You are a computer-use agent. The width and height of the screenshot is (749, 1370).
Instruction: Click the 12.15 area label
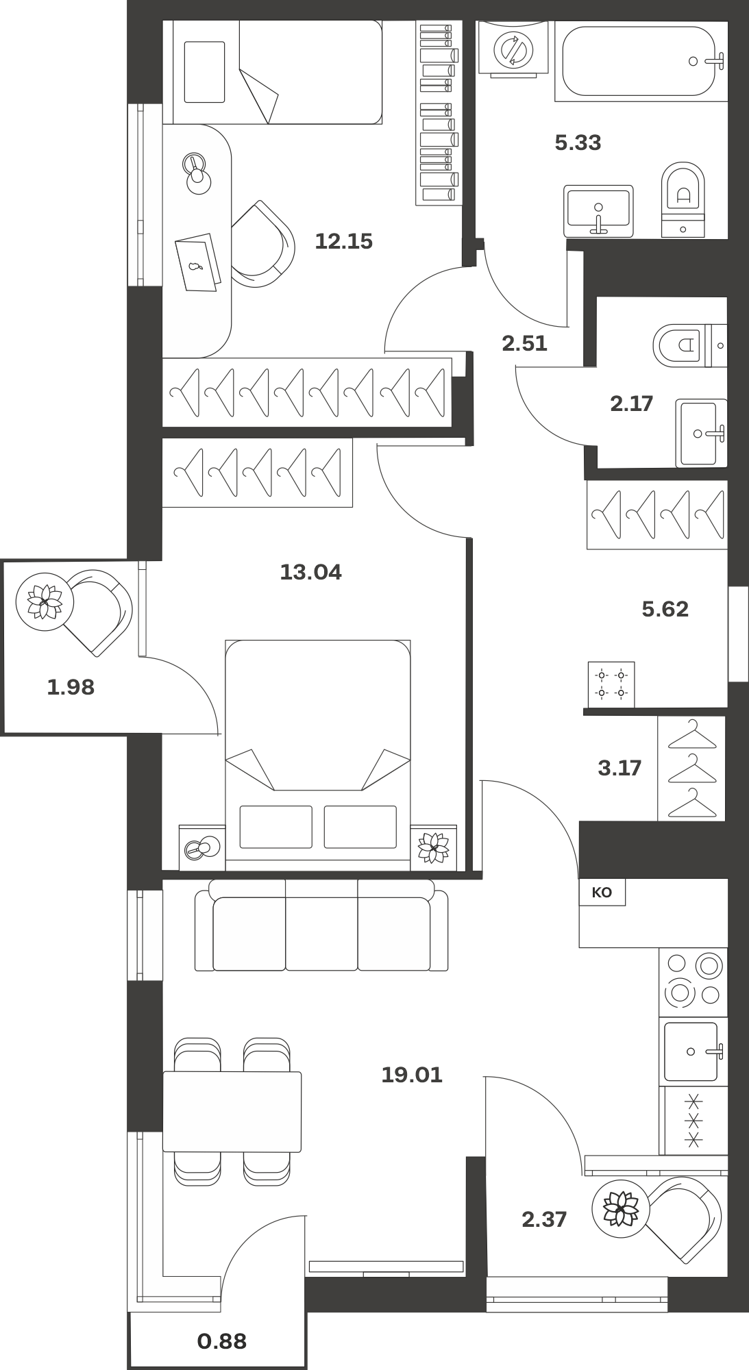point(343,241)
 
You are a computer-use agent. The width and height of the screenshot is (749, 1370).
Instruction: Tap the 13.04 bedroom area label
point(310,571)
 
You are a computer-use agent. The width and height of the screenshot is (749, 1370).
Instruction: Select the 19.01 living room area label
point(412,1075)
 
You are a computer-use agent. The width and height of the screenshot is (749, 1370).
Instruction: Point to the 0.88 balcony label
point(222,1341)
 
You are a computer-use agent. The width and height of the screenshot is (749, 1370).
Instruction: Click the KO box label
point(602,893)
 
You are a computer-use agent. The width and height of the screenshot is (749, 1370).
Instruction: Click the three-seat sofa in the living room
point(321,925)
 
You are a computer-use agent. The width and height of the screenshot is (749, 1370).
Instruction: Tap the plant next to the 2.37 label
point(621,1209)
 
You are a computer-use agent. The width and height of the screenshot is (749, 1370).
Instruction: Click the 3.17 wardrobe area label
point(619,768)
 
